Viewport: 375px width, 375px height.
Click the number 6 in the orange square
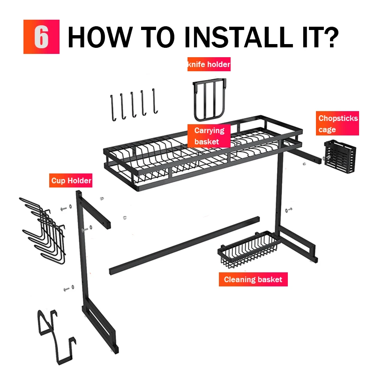click(x=41, y=37)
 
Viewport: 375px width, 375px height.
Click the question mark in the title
click(x=330, y=37)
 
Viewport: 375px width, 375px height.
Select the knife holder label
click(x=209, y=64)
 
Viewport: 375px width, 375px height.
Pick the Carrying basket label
click(x=209, y=136)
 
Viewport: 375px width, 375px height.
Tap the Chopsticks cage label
click(x=337, y=123)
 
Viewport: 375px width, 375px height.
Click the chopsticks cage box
click(x=340, y=157)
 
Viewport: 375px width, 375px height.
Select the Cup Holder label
click(x=71, y=180)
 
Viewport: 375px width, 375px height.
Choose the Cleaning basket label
click(x=253, y=279)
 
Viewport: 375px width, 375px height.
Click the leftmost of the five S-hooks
click(x=112, y=108)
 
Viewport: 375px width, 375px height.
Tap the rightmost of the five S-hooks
click(x=155, y=101)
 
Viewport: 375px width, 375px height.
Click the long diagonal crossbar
click(x=184, y=246)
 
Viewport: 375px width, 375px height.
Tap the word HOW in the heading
click(x=100, y=37)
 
